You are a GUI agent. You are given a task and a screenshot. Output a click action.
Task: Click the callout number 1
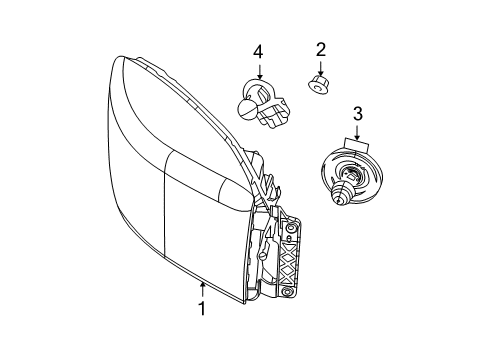pyautogui.click(x=202, y=308)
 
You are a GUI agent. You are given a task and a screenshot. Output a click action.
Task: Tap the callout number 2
pyautogui.click(x=320, y=50)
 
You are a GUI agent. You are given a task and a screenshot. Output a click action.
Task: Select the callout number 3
pyautogui.click(x=357, y=114)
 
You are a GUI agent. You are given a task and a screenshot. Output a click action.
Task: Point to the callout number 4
pyautogui.click(x=258, y=52)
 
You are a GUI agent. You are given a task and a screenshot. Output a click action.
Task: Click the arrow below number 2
pyautogui.click(x=320, y=68)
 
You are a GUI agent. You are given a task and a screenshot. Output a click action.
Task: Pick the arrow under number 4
pyautogui.click(x=260, y=71)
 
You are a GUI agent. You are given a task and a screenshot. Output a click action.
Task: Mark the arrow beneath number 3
pyautogui.click(x=357, y=132)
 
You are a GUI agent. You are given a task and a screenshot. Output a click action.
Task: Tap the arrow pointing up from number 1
pyautogui.click(x=202, y=290)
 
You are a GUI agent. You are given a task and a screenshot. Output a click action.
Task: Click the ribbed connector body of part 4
pyautogui.click(x=272, y=113)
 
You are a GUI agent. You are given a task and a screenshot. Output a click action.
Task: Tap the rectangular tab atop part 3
pyautogui.click(x=356, y=145)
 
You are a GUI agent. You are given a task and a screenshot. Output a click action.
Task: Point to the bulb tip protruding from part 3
pyautogui.click(x=339, y=194)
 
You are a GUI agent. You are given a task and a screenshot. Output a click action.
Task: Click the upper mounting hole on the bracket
pyautogui.click(x=292, y=228)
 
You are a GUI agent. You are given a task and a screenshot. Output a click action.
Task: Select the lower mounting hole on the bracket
pyautogui.click(x=286, y=292)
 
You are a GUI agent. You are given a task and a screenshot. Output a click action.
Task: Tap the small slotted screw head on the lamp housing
pyautogui.click(x=263, y=256)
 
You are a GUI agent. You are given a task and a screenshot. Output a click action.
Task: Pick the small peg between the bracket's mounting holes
pyautogui.click(x=289, y=239)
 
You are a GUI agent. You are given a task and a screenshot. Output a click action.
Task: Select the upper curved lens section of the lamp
pyautogui.click(x=173, y=110)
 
